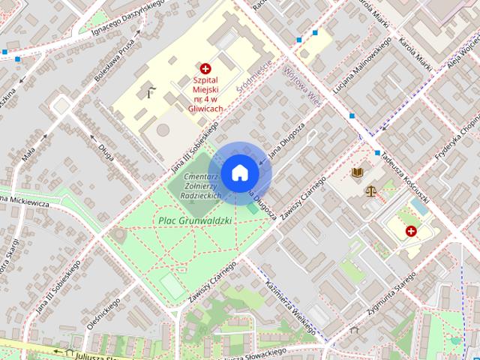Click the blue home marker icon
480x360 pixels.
point(239,172)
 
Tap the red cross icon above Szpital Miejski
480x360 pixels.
point(205,68)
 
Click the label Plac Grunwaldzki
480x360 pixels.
point(195,220)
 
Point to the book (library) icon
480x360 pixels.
point(358,172)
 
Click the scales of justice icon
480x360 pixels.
point(370,191)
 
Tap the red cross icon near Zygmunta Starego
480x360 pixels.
point(411,231)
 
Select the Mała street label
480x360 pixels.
point(28,155)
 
